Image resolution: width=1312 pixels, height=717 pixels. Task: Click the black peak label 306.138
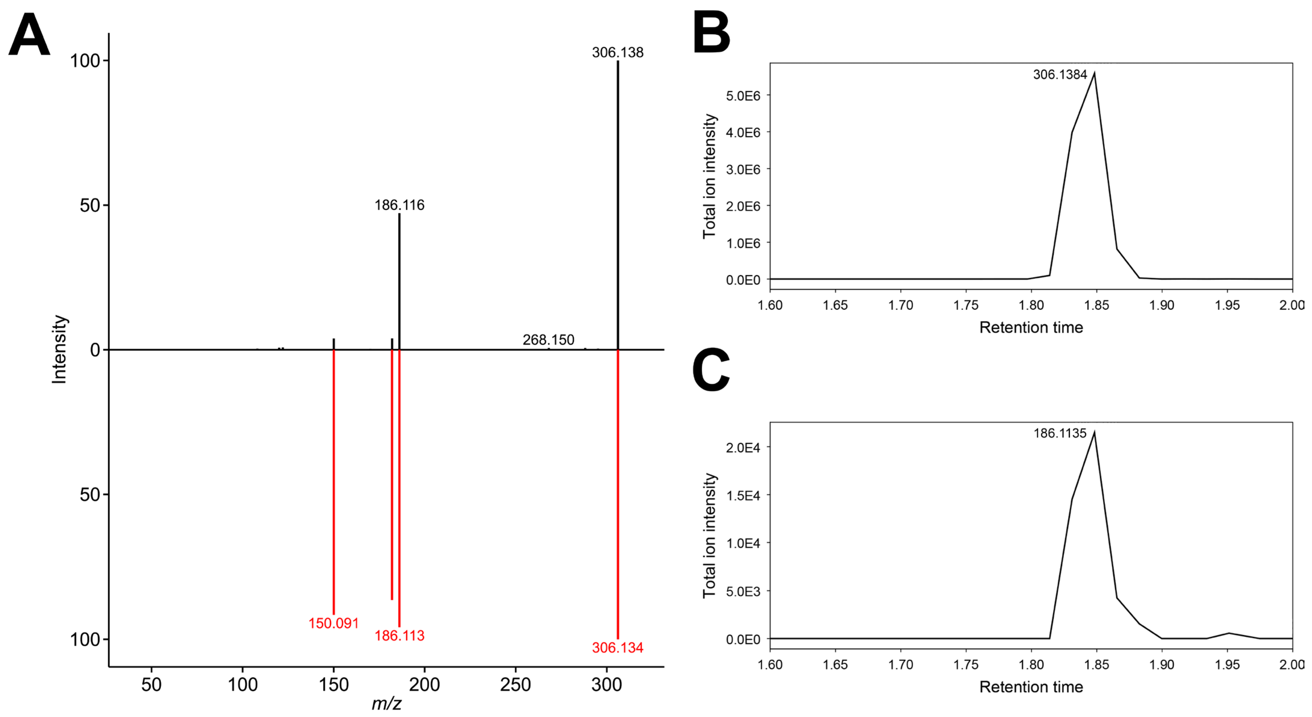click(x=617, y=52)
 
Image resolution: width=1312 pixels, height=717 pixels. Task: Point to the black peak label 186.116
click(x=399, y=205)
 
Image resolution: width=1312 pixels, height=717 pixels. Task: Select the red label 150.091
click(x=334, y=623)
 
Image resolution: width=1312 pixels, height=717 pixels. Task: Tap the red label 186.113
click(x=399, y=635)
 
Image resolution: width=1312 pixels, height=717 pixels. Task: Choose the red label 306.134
click(x=617, y=648)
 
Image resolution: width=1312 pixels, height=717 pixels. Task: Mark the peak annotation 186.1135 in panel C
click(x=1060, y=433)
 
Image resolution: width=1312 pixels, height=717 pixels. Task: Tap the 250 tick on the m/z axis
click(x=515, y=685)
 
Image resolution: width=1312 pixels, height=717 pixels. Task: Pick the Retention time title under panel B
click(x=1031, y=327)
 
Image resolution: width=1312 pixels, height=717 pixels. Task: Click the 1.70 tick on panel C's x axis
click(x=900, y=665)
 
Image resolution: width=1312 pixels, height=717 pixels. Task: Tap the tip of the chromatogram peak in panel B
click(x=1094, y=73)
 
